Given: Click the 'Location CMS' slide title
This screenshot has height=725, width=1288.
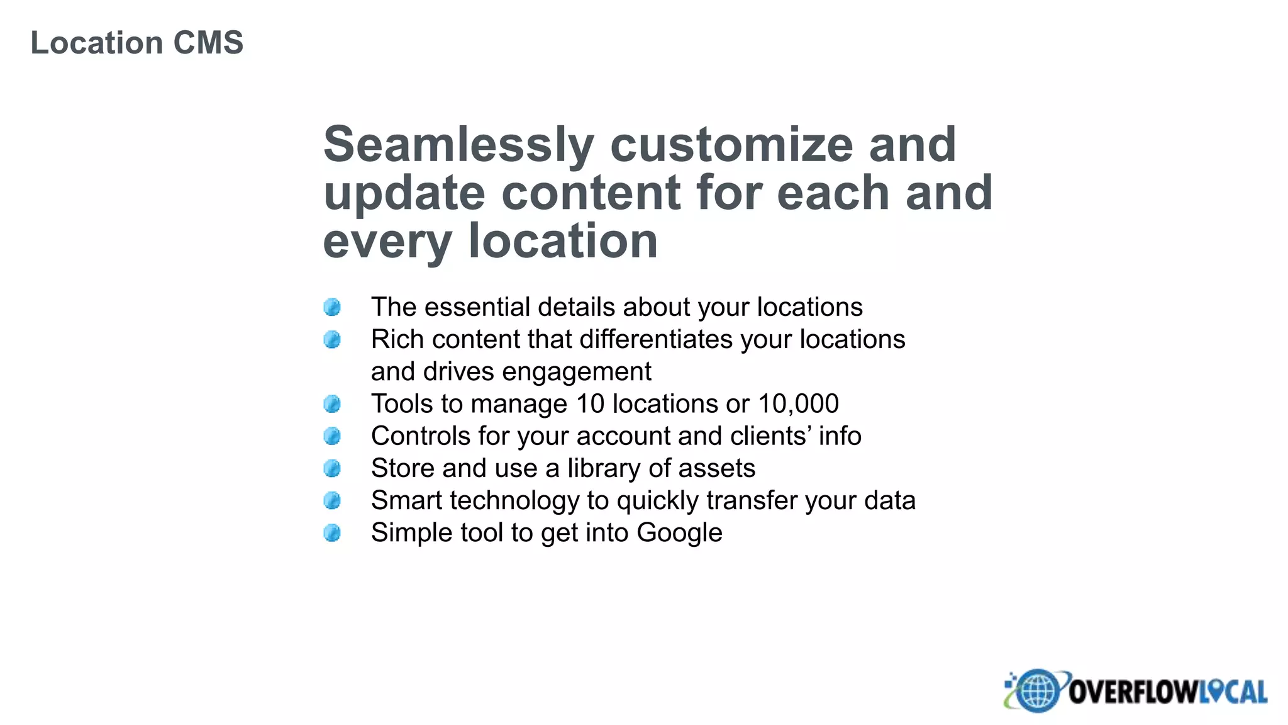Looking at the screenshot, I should pos(136,43).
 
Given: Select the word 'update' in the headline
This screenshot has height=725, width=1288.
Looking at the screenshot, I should pos(404,193).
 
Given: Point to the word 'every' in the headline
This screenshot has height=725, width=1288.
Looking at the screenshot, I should pos(387,242).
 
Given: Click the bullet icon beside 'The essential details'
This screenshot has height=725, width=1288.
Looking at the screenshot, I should pos(332,307).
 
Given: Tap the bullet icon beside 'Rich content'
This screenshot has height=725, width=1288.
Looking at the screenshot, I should pos(332,340).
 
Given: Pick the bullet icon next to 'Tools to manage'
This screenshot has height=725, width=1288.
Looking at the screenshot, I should pos(332,404).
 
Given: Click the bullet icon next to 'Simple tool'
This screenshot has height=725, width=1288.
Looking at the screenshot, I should pos(332,533).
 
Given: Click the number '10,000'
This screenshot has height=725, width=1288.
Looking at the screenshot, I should pos(798,403).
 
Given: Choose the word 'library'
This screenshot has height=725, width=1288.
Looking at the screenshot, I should pos(604,468).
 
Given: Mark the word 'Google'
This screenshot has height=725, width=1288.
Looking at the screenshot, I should pos(679,532).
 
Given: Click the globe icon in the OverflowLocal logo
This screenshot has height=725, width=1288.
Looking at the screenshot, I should pos(1038,690).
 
